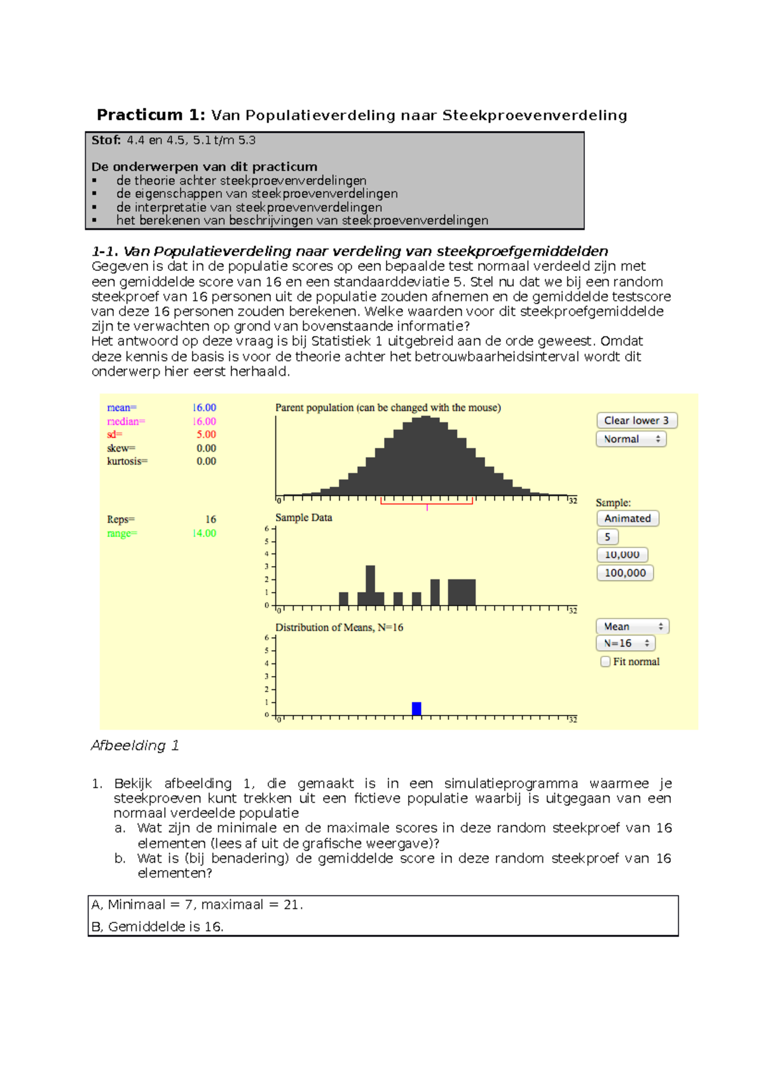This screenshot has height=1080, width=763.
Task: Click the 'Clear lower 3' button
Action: point(636,420)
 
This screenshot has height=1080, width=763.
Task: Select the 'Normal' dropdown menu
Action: point(631,439)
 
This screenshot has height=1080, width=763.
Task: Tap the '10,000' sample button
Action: point(622,555)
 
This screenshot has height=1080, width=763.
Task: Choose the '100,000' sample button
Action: point(625,573)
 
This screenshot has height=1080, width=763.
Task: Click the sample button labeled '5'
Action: point(607,537)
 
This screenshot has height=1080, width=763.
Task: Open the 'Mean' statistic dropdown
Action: point(632,627)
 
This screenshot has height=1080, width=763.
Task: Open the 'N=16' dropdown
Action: point(626,643)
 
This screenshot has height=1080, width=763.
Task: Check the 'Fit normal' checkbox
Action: point(605,661)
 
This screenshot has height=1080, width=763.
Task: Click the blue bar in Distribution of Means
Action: point(416,709)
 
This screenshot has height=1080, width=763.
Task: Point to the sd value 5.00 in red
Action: point(206,434)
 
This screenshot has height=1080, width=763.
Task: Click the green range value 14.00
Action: point(204,533)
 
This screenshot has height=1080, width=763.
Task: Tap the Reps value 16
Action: point(210,520)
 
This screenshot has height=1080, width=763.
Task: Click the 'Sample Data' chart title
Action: point(303,518)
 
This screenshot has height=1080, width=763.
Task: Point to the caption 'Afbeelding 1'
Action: point(135,745)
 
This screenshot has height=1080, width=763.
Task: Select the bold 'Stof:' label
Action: point(106,141)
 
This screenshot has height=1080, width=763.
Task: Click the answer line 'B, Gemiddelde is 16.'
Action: point(157,927)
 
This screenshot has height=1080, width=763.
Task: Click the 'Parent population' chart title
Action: point(387,408)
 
